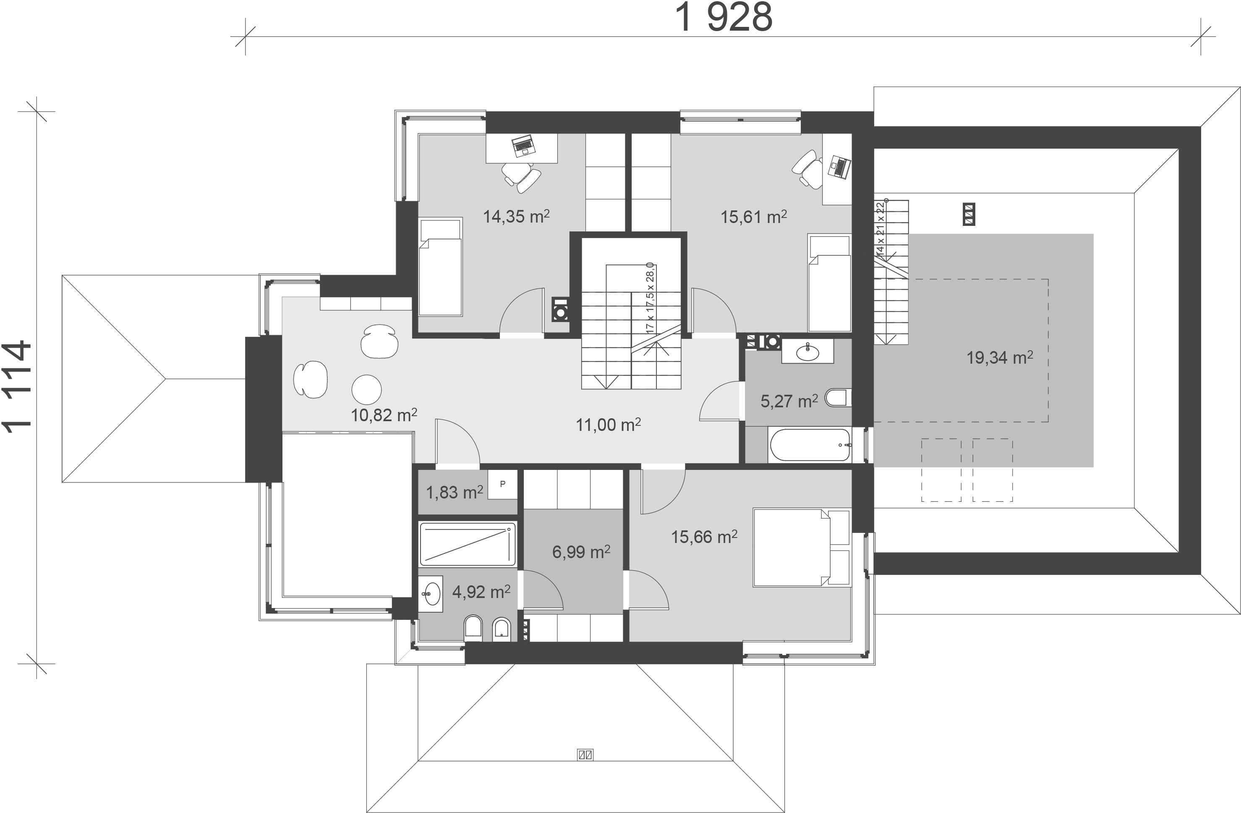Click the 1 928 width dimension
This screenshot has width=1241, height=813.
[724, 17]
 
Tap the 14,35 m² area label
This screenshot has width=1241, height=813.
[516, 216]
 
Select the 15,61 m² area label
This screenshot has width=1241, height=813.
[753, 216]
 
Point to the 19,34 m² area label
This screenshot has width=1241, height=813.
[1000, 357]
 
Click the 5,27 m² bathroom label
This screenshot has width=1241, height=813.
[789, 401]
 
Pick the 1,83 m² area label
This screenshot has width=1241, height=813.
[455, 492]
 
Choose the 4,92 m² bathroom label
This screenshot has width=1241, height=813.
[481, 592]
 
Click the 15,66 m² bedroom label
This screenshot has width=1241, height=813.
[704, 536]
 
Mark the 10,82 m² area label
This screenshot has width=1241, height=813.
[384, 415]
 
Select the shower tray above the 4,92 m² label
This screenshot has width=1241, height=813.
[468, 544]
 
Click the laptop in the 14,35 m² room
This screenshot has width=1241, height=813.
[523, 146]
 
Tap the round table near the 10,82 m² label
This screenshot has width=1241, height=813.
[366, 389]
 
